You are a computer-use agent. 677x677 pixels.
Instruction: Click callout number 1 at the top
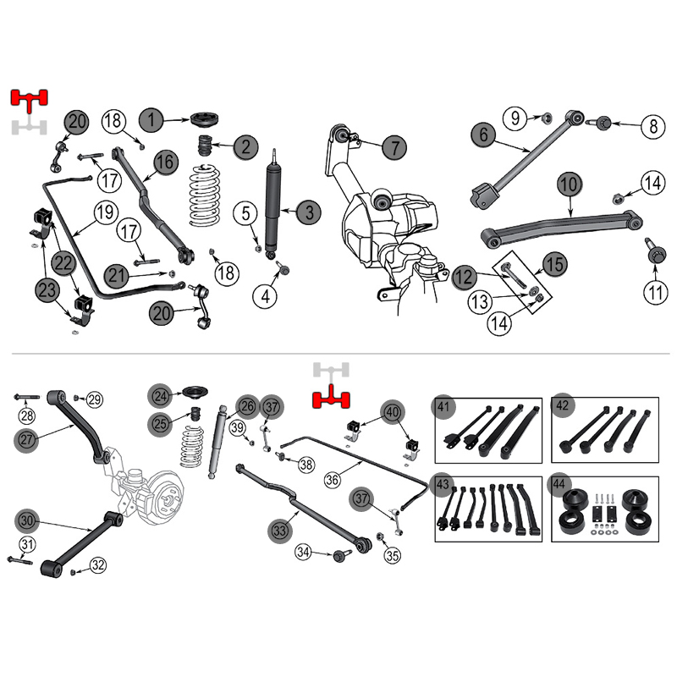tap(151, 119)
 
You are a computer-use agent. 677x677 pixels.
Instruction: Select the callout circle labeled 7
tap(394, 146)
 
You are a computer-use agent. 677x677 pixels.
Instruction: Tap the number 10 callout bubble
tap(569, 184)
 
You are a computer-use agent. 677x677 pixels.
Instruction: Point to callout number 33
tap(280, 530)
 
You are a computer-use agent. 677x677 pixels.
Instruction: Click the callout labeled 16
tap(165, 162)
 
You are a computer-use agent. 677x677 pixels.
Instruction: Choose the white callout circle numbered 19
tap(105, 212)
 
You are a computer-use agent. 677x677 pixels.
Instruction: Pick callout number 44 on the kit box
tap(559, 484)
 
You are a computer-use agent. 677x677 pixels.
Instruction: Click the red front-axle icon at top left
tap(29, 100)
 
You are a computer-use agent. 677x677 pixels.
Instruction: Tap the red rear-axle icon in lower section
tap(331, 398)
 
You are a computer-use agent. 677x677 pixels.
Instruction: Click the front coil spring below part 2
tap(205, 195)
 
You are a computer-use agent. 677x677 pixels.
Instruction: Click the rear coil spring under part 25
tap(191, 448)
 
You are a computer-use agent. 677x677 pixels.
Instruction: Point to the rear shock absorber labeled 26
tap(217, 442)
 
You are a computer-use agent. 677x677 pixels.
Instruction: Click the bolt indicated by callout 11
tap(654, 250)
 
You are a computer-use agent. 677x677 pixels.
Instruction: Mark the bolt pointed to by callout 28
tap(26, 396)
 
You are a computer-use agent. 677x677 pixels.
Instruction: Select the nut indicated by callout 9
tap(547, 117)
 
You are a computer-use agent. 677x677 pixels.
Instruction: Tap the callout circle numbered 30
tap(27, 521)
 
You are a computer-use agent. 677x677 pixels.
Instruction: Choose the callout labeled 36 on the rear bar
tap(332, 479)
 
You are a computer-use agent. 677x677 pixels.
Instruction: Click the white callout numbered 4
tap(266, 297)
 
